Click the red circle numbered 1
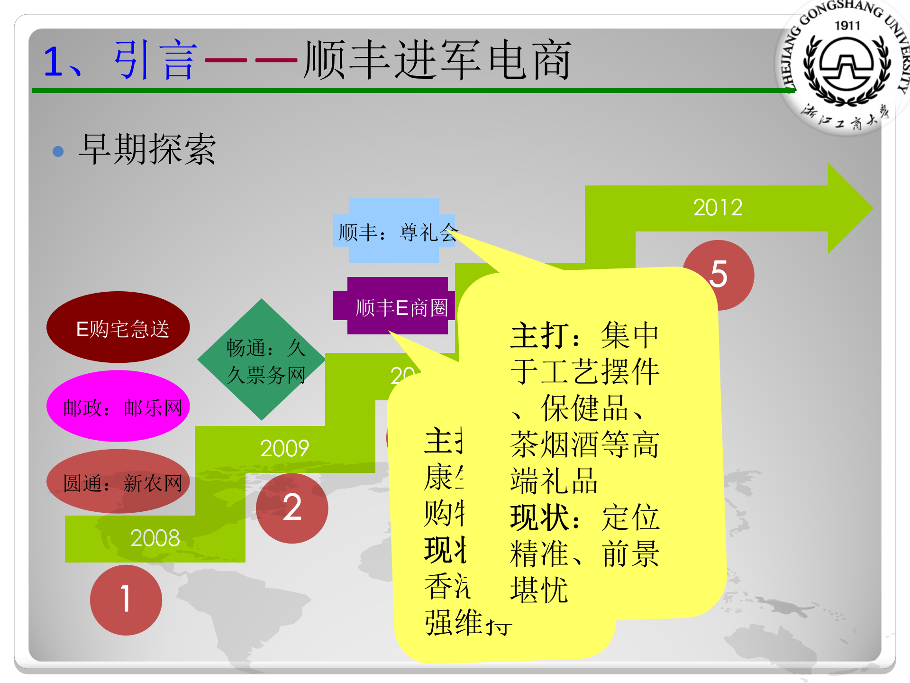click(126, 600)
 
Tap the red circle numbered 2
click(292, 508)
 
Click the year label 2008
click(155, 538)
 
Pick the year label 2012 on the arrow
click(718, 208)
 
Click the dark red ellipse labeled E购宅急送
click(118, 328)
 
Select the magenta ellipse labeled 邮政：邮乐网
click(118, 406)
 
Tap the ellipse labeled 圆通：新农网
click(118, 482)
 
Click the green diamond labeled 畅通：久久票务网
click(262, 360)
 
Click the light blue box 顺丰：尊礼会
click(393, 231)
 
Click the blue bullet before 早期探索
click(58, 151)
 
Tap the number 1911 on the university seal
click(847, 26)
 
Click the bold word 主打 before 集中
click(539, 336)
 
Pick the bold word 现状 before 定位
click(539, 517)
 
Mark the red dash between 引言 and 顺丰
click(251, 60)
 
